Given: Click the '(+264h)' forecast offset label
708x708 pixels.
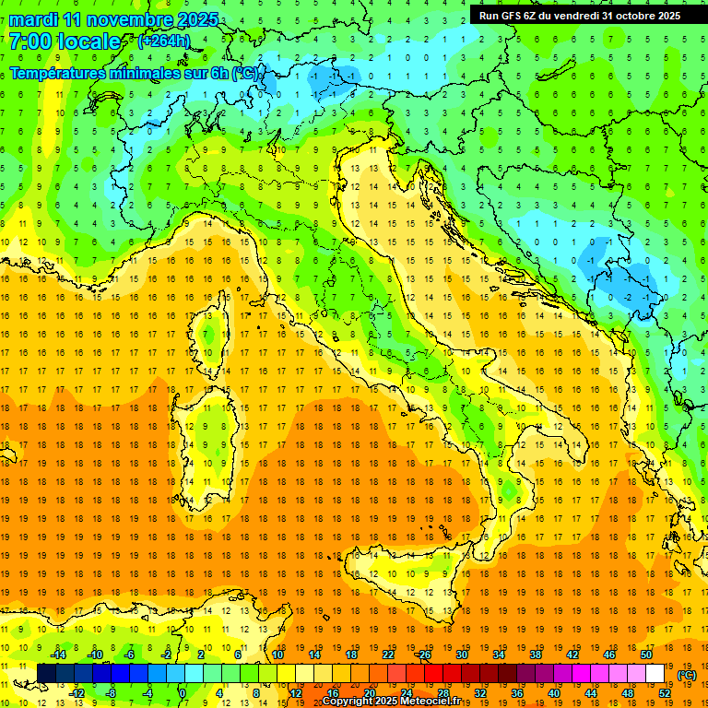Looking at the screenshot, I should coord(164,41).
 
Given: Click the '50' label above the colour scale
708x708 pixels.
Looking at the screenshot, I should coord(646,654).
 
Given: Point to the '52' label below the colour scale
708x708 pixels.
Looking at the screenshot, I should coord(665,693).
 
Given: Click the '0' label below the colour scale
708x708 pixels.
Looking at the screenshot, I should coord(183,693).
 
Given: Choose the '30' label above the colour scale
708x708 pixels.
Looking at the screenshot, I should coord(461,654).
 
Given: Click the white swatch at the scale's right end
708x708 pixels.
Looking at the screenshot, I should coord(655,673).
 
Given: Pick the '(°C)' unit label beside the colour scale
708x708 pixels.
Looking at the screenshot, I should coord(687,674).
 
